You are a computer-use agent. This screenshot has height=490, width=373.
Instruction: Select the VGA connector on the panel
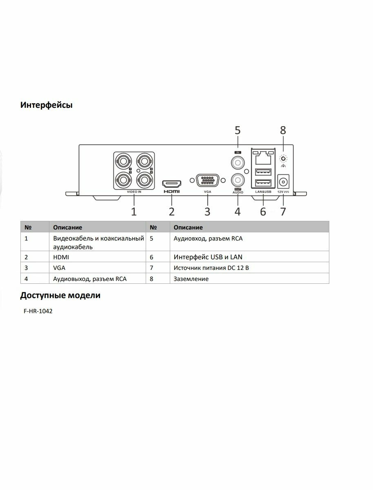(x=207, y=180)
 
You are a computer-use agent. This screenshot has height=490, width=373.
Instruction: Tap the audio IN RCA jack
(x=237, y=163)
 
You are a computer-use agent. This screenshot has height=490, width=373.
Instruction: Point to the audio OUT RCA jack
(x=237, y=179)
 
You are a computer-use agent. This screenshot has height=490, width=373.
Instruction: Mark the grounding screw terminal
(x=283, y=158)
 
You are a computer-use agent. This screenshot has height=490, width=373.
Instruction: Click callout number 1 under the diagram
(x=133, y=212)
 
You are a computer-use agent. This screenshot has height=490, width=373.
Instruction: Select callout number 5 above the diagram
(x=237, y=131)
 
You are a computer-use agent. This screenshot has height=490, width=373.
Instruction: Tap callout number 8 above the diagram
(x=283, y=131)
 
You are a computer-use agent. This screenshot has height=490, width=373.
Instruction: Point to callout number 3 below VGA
(x=207, y=212)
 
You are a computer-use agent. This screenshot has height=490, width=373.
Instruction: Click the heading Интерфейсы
(x=47, y=105)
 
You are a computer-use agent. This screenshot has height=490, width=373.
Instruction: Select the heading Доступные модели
(x=60, y=295)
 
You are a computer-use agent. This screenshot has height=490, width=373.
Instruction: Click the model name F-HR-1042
(x=38, y=311)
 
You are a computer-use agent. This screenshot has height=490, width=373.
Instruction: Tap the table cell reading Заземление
(x=191, y=279)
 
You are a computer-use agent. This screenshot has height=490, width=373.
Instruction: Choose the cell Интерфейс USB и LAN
(x=211, y=257)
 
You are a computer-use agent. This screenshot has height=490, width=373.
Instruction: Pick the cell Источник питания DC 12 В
(x=211, y=268)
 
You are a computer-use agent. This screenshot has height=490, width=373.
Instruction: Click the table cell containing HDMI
(x=61, y=257)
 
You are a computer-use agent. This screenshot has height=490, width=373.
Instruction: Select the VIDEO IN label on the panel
(x=133, y=191)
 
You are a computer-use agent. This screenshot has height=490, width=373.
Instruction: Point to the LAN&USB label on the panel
(x=263, y=192)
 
